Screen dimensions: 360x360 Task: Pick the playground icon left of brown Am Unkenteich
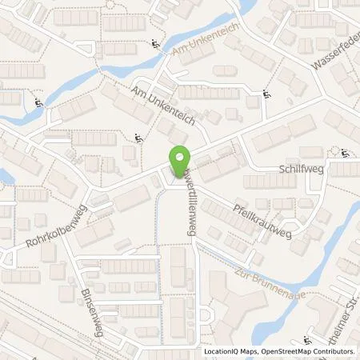pos(153,44)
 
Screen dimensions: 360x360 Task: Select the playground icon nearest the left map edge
pos(38,102)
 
